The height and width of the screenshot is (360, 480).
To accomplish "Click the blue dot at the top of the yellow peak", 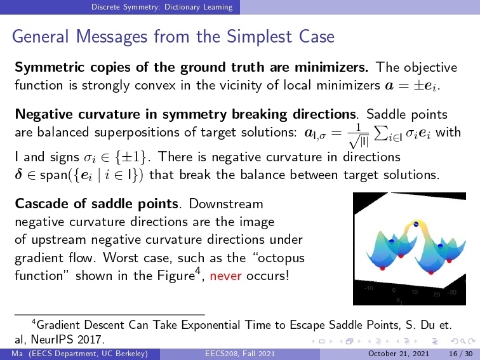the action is click(416, 224).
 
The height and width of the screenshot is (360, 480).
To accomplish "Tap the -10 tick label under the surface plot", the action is click(368, 288).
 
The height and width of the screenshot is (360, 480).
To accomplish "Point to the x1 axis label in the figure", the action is click(399, 300).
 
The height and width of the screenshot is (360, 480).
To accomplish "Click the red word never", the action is click(225, 276).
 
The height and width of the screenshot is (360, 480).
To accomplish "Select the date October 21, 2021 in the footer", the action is click(399, 354).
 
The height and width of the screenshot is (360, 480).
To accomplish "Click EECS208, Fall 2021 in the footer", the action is click(240, 354).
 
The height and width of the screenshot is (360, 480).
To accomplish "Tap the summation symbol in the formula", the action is click(380, 133).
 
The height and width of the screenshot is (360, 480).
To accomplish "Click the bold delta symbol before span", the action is click(18, 174).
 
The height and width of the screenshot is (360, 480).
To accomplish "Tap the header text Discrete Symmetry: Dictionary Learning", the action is click(162, 7).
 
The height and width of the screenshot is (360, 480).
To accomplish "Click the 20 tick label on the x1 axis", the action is click(437, 294).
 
